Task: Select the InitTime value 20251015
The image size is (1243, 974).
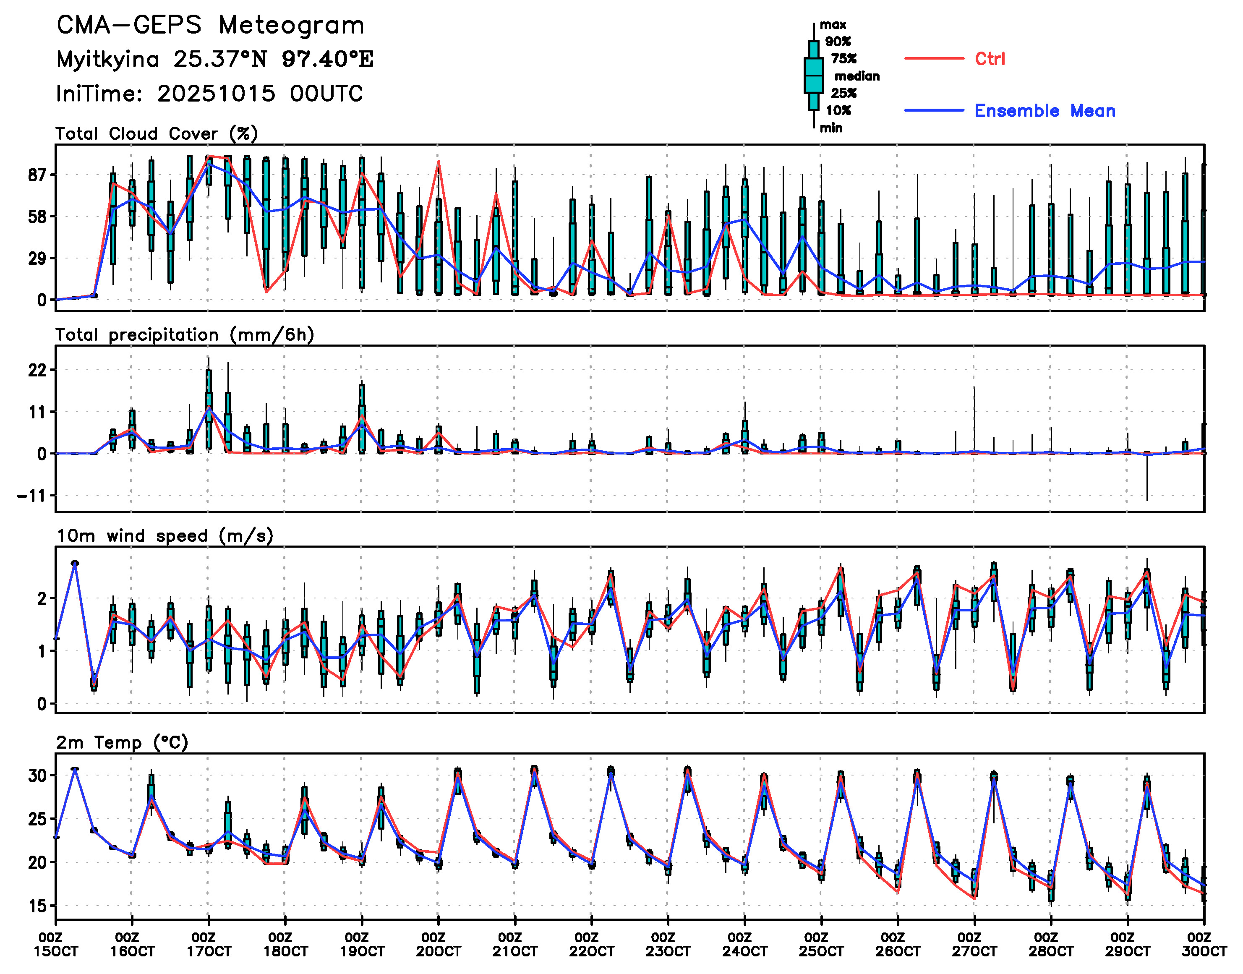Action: point(216,94)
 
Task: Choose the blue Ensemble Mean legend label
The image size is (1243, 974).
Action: point(1044,111)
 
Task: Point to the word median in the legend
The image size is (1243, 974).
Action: point(857,76)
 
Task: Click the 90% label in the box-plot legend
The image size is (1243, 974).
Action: point(838,42)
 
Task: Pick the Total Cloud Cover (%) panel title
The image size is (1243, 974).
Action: point(157,134)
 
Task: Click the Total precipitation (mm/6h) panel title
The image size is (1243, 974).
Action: point(185,335)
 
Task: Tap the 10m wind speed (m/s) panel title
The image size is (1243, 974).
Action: point(165,536)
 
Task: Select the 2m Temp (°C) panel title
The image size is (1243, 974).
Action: point(122,742)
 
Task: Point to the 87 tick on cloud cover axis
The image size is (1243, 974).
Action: point(37,175)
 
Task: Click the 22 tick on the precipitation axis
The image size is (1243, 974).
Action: point(37,370)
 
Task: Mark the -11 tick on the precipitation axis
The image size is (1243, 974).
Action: point(32,496)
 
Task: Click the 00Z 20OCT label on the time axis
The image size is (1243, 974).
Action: point(438,944)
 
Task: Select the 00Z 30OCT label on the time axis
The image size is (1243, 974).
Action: point(1204,944)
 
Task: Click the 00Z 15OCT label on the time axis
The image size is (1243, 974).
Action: point(55,944)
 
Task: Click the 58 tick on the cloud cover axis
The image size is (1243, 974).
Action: point(37,217)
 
